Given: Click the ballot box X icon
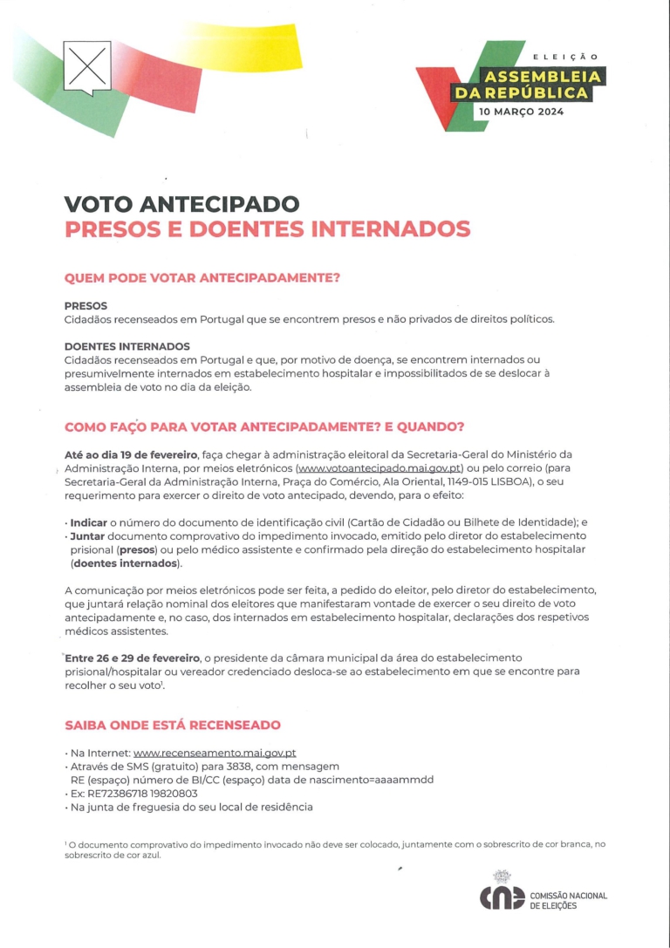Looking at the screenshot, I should pos(86,65).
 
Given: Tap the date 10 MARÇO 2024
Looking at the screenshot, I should pos(520,113).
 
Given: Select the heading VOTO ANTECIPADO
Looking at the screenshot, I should pos(181,205).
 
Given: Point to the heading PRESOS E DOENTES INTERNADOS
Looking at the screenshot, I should pos(267,229).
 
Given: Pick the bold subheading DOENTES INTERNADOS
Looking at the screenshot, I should pos(126,346).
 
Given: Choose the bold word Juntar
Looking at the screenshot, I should pos(93,535).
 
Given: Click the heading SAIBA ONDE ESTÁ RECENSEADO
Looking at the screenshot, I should pos(173,725).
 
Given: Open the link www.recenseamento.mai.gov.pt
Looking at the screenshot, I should pos(215,753).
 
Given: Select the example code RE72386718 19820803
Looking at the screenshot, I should pos(142,794).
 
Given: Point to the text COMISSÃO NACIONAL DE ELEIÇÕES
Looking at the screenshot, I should pos(568,901).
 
